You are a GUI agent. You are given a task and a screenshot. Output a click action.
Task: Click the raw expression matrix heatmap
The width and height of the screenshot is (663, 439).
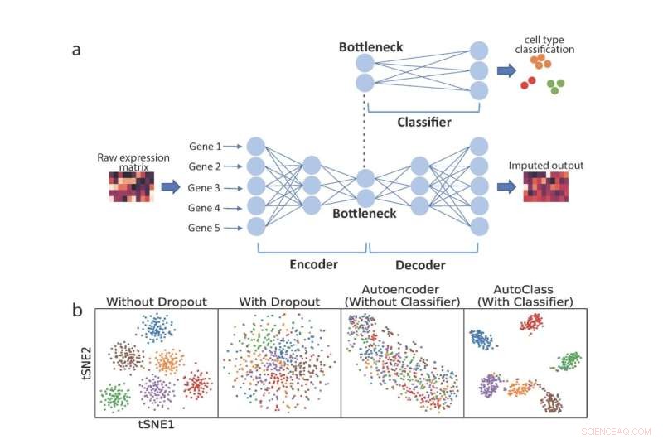click(x=132, y=187)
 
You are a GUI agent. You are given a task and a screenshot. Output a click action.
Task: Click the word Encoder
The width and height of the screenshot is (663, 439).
click(x=312, y=265)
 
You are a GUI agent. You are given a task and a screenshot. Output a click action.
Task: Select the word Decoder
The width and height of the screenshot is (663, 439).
click(x=419, y=265)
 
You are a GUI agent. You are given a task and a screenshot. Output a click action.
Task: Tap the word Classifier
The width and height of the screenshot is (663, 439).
click(x=423, y=122)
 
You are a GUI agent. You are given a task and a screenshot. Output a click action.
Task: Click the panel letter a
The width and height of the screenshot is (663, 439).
click(x=76, y=49)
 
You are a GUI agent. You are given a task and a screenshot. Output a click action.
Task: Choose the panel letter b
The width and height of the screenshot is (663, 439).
click(x=77, y=311)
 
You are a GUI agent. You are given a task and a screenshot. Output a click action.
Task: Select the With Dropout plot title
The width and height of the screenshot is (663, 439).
click(x=278, y=302)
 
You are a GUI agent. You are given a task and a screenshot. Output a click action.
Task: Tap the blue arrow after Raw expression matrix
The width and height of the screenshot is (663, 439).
click(x=170, y=187)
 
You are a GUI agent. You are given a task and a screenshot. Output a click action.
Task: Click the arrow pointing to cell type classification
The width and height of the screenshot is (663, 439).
click(x=505, y=70)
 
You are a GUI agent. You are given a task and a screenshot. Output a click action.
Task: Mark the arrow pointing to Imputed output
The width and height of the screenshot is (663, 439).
click(x=505, y=186)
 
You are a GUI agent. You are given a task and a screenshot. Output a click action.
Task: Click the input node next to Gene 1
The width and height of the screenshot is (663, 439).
click(x=256, y=147)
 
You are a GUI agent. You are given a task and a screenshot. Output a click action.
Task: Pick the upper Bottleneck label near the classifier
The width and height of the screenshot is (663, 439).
click(x=370, y=47)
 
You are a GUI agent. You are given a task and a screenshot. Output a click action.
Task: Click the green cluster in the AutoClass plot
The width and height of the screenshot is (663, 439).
click(x=569, y=360)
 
